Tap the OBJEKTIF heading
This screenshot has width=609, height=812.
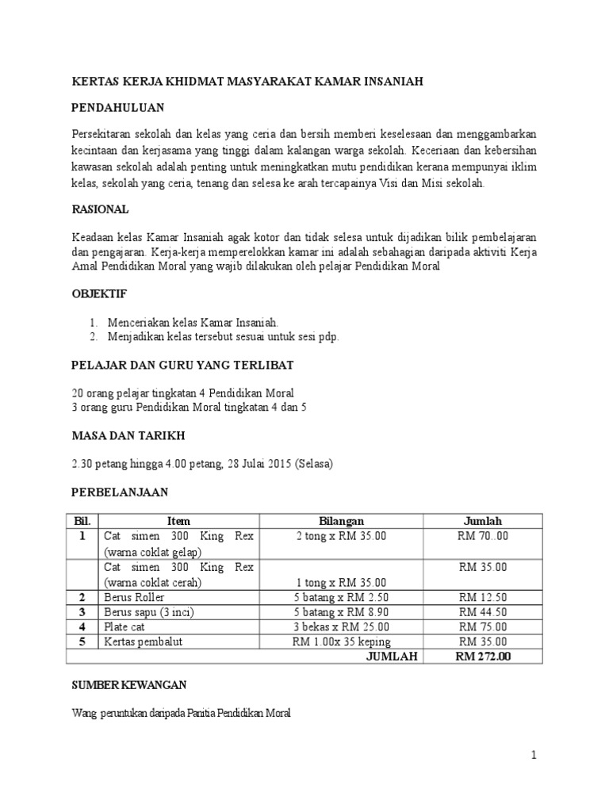[x=99, y=293]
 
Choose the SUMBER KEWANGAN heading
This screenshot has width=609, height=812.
[x=128, y=684]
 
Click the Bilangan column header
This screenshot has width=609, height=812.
[x=341, y=521]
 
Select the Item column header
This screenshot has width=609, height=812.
[x=178, y=521]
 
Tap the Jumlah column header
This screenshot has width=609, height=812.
[x=483, y=521]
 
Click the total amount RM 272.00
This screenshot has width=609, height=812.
[x=483, y=656]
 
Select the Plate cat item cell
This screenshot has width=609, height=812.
[x=124, y=626]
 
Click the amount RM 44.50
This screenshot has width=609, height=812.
[x=483, y=611]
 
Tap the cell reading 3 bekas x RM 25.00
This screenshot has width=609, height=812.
[x=341, y=626]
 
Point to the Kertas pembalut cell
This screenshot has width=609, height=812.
[x=143, y=641]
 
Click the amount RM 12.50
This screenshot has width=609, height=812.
[x=483, y=597]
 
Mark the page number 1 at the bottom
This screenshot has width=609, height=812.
[x=534, y=756]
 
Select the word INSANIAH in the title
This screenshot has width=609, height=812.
[x=392, y=80]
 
